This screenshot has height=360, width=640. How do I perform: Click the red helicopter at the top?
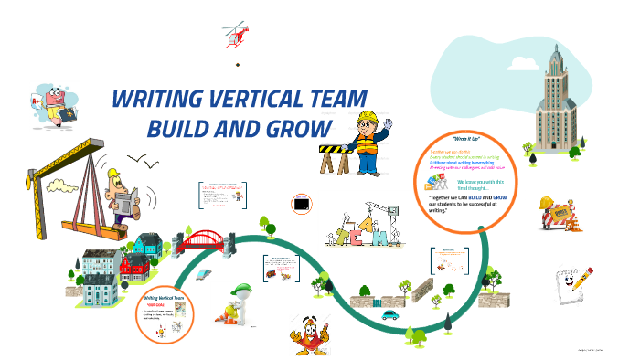pyautogui.click(x=236, y=35)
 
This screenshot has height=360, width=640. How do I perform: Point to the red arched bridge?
pyautogui.click(x=208, y=239)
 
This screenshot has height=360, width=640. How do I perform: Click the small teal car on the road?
pyautogui.click(x=390, y=314)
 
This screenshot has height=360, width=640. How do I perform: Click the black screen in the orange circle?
pyautogui.click(x=301, y=204)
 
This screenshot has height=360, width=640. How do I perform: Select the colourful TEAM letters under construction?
pyautogui.click(x=359, y=232)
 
